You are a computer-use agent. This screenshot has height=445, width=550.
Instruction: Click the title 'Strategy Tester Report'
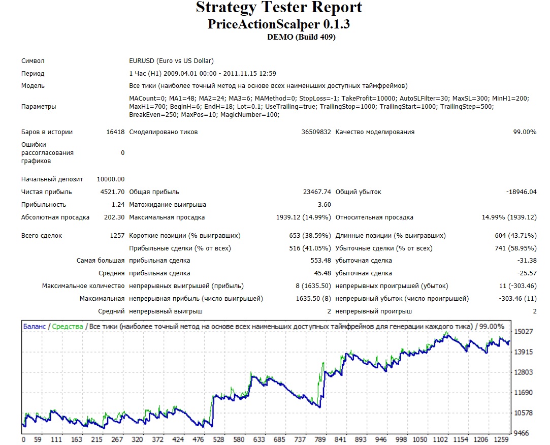pos(279,8)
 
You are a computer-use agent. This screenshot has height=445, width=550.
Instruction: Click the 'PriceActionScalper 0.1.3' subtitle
pos(279,24)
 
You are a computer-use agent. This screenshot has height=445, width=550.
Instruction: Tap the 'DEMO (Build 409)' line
pos(301,37)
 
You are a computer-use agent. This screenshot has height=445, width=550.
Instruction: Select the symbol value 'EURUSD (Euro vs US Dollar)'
pos(171,61)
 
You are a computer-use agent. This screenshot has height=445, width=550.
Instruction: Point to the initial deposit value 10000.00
pos(111,179)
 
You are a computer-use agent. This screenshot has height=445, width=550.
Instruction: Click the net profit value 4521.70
pos(112,192)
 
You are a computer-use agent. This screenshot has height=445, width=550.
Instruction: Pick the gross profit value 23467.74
pos(317,192)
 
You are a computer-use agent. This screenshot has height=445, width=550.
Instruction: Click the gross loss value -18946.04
pos(521,192)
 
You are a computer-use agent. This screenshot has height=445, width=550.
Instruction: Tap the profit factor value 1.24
pos(118,204)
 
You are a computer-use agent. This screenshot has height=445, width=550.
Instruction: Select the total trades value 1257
pos(117,236)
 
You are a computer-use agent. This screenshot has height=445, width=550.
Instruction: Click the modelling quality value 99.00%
pos(525,132)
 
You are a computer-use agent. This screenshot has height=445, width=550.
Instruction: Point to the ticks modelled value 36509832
pos(316,132)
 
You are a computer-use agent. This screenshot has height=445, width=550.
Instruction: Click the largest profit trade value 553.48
pos(320,261)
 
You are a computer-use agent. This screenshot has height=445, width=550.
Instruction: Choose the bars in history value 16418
pos(115,132)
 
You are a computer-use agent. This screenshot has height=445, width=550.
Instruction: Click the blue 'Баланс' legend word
pos(35,326)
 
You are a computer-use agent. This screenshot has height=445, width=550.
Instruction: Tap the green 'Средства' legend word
pos(68,326)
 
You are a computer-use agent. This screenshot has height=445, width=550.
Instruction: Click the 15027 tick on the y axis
pos(524,331)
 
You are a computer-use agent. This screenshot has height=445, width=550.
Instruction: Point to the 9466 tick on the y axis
pos(521,433)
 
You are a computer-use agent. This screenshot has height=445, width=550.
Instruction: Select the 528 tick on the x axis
pos(218,439)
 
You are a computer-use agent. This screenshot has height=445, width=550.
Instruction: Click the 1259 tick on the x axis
pos(501,439)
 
